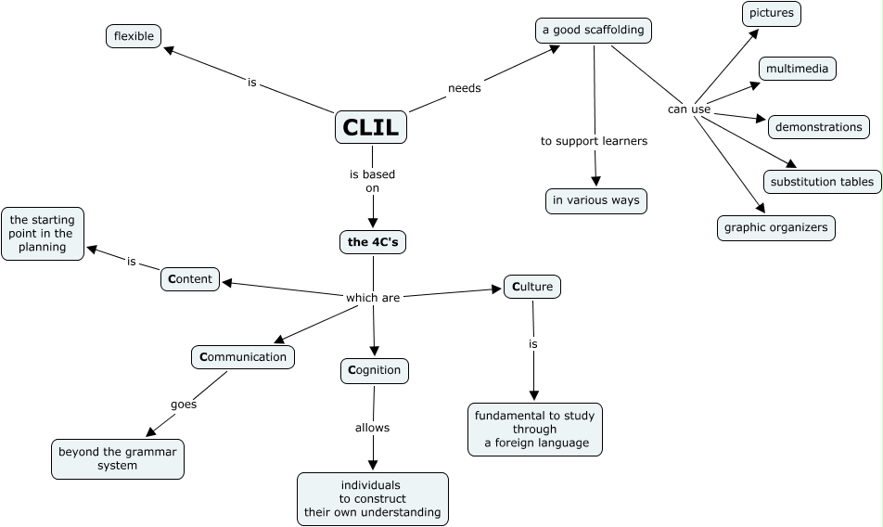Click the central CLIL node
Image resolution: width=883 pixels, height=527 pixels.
371,127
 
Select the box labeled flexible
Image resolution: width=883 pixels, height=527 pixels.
134,36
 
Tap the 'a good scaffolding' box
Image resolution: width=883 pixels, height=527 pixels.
594,30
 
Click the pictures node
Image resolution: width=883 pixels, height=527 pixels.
772,14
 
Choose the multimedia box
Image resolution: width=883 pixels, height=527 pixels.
797,69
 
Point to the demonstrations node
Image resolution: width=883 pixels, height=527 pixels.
818,126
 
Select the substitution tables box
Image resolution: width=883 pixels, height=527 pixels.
822,181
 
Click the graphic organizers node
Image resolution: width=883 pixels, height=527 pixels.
776,227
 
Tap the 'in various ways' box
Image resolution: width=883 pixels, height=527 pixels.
595,200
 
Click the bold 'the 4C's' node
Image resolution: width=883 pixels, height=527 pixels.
373,243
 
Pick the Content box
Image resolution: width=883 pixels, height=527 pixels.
190,278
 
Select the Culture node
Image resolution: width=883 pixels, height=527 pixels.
532,287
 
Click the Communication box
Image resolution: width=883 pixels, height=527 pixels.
243,356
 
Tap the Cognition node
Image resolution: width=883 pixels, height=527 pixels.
375,370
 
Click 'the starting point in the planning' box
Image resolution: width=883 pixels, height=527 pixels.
43,234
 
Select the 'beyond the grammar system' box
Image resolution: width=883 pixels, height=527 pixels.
118,458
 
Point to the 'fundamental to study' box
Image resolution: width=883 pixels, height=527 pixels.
535,429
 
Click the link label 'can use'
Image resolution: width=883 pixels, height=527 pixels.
689,109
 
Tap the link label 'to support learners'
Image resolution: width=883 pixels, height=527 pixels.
594,141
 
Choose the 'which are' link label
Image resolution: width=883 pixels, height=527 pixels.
373,298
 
